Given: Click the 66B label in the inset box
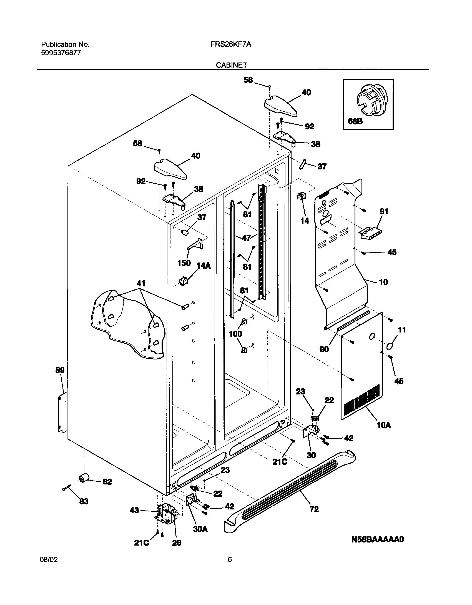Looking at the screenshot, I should click(x=355, y=121).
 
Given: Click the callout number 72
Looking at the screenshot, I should click(x=314, y=509).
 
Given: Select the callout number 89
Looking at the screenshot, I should click(x=60, y=370).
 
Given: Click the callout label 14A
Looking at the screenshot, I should click(x=204, y=266).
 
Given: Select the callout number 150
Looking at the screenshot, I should click(x=184, y=263).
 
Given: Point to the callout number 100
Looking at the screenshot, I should click(x=235, y=334).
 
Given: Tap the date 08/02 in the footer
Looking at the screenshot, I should click(x=49, y=559).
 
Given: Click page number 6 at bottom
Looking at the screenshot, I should click(x=230, y=559).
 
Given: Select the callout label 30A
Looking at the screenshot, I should click(x=200, y=529).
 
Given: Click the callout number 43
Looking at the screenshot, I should click(x=134, y=510).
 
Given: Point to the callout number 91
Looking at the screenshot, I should click(x=384, y=211).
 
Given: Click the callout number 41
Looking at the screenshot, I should click(x=141, y=284).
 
